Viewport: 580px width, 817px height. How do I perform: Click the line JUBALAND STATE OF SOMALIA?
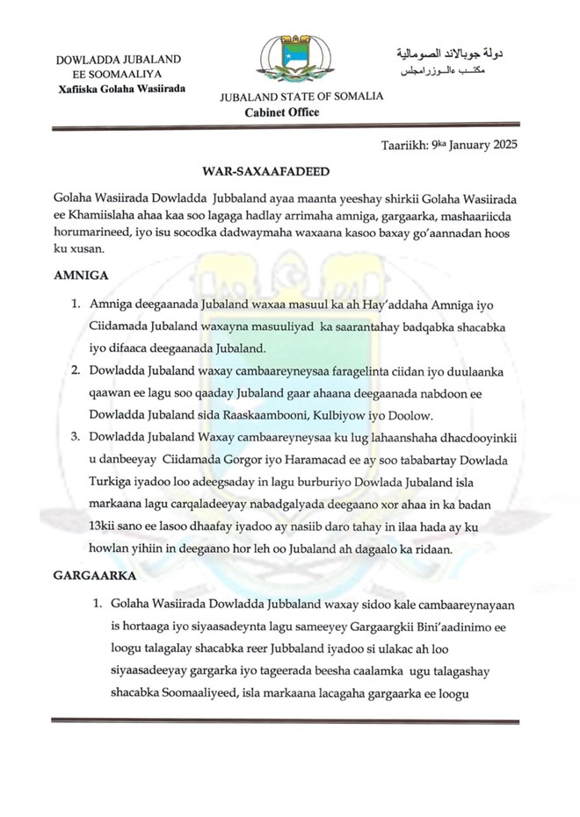click(x=301, y=97)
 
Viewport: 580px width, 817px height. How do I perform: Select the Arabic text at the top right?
click(x=448, y=61)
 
